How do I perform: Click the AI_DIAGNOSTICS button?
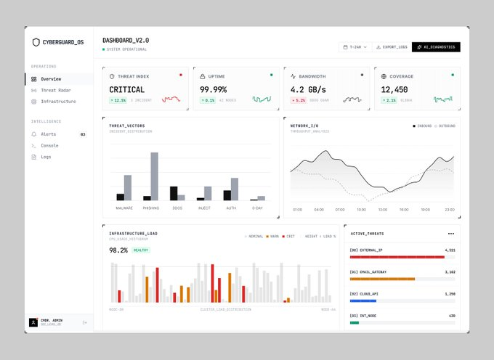(436, 47)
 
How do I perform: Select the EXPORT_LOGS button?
(392, 47)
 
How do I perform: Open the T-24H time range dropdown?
(355, 47)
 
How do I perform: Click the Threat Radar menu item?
(54, 90)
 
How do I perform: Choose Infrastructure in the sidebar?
(57, 102)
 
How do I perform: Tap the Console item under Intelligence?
(49, 145)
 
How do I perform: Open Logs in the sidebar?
(46, 157)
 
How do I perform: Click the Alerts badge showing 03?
(83, 134)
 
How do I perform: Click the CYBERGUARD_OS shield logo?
(36, 42)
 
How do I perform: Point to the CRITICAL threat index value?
(127, 89)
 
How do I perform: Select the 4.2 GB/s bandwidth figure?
(308, 89)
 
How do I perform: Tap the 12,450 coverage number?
(394, 89)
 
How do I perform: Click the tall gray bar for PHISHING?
(154, 176)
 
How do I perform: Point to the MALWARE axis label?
(124, 208)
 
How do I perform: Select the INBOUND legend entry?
(423, 126)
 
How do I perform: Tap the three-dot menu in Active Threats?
(451, 234)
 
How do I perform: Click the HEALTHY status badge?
(141, 250)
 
